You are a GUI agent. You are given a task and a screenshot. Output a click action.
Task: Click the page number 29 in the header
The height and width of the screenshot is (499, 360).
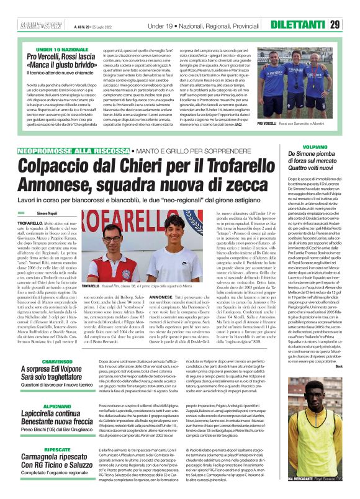[352, 7]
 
